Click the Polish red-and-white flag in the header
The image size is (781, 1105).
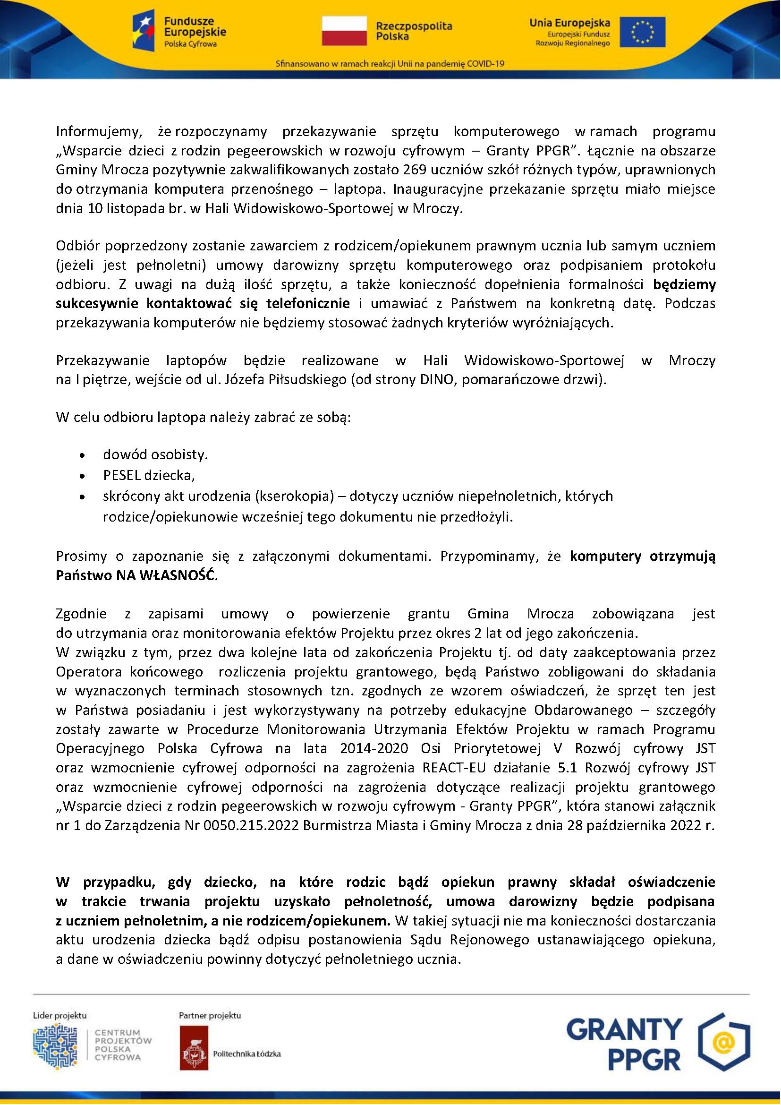click(344, 30)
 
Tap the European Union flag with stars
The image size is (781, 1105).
click(642, 32)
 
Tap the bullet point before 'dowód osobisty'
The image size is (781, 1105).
click(84, 455)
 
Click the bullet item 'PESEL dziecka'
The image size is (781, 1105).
click(149, 476)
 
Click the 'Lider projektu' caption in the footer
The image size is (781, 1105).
click(59, 1016)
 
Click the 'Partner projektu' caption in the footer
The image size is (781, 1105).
click(210, 1016)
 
